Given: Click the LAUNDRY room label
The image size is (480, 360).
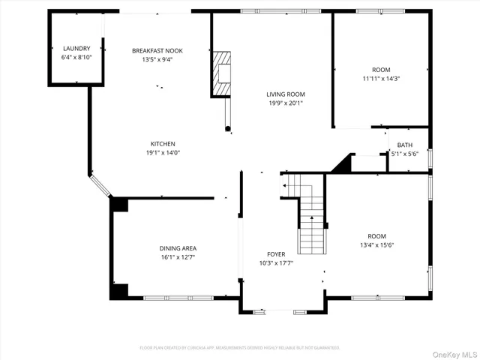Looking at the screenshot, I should point(76,48).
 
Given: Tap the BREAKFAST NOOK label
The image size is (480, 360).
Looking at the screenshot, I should point(157,51).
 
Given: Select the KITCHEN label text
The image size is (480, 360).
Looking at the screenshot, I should point(163,144).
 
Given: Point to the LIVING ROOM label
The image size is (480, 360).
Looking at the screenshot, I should point(286,94).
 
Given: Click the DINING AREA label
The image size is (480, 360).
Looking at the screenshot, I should point(178,248).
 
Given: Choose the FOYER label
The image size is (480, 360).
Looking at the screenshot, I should point(276,254).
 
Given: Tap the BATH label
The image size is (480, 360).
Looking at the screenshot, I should point(404,145).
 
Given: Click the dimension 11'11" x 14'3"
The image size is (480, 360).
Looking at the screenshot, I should point(381,78).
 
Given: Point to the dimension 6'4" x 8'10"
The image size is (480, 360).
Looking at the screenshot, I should point(76,57).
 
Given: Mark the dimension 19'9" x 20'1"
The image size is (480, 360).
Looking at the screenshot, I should point(286,104).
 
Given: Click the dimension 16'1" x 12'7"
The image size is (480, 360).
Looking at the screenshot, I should point(178,257).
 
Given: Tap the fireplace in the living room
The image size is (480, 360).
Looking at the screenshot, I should point(221,73).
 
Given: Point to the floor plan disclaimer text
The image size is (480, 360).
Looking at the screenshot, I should point(240,348).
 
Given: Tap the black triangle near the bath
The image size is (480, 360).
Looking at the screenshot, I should point(344,163).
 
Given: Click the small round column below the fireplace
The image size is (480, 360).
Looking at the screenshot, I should point(227,129).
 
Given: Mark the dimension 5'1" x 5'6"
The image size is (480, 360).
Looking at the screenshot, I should point(404,154).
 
